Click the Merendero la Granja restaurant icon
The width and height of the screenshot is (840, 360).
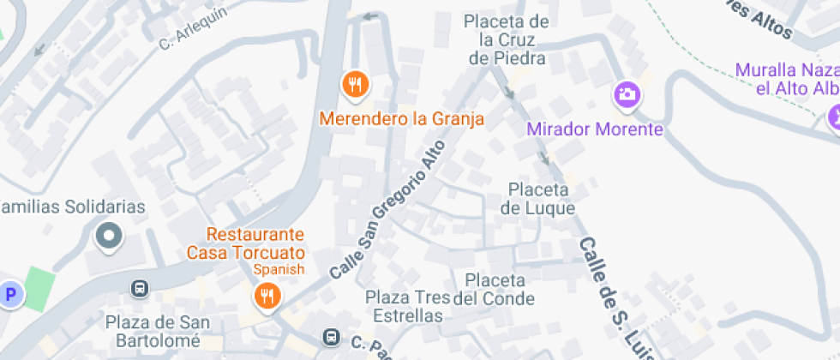coord(355,84)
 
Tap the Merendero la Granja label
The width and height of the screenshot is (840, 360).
coord(402,118)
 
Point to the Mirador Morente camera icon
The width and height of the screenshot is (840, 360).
coord(627,93)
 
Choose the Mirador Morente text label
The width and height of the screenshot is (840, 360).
coord(595,129)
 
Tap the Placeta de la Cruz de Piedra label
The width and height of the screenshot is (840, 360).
coord(507,39)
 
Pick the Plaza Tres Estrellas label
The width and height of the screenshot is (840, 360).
coord(407,307)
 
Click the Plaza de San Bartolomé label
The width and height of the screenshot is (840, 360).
coord(153,331)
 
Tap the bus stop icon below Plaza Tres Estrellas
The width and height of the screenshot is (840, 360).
coord(330,337)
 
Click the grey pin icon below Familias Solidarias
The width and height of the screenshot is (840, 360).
coord(108,236)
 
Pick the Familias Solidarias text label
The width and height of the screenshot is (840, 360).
coord(73,207)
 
